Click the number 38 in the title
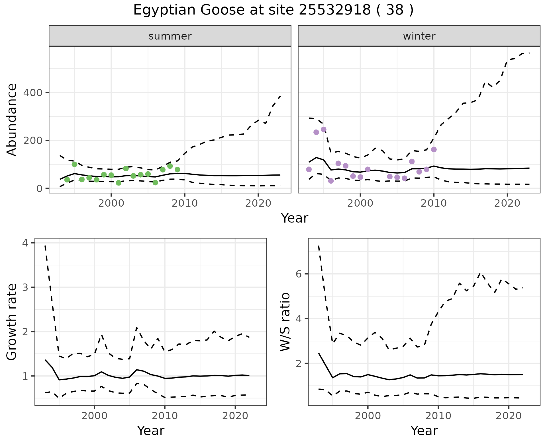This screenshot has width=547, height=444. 395,10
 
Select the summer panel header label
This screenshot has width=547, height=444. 170,36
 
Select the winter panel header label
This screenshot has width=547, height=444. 419,36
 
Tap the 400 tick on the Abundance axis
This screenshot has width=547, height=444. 32,93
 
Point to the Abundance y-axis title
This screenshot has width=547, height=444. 12,120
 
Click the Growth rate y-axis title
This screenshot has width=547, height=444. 12,322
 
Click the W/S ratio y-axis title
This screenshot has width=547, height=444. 285,322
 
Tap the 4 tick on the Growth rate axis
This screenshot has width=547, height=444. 25,243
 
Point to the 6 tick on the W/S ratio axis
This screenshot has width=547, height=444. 299,274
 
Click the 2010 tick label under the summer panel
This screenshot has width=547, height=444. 185,203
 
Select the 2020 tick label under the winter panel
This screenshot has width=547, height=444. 507,203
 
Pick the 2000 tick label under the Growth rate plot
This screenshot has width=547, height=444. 94,416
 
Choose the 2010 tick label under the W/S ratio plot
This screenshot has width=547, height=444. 438,416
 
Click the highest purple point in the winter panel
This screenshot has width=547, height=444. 324,129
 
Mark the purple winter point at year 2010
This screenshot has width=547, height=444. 434,150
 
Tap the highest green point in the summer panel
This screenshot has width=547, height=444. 75,164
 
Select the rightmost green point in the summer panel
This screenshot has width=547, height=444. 177,170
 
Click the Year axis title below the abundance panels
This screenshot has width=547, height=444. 295,218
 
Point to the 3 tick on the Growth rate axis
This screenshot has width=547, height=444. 25,287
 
